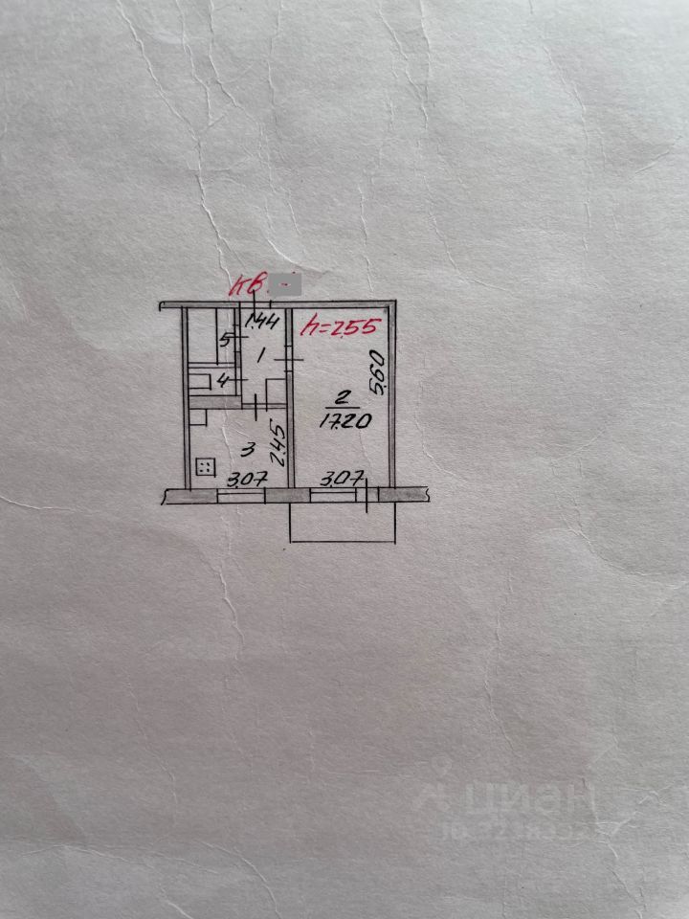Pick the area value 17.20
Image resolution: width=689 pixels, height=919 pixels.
click(341, 422)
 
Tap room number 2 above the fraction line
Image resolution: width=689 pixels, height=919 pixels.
click(343, 398)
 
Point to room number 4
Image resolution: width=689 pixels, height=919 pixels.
click(223, 382)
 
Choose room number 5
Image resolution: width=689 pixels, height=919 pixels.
click(224, 340)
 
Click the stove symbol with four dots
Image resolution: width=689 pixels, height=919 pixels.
click(205, 467)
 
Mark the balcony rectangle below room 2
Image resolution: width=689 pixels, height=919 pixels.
click(343, 522)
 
